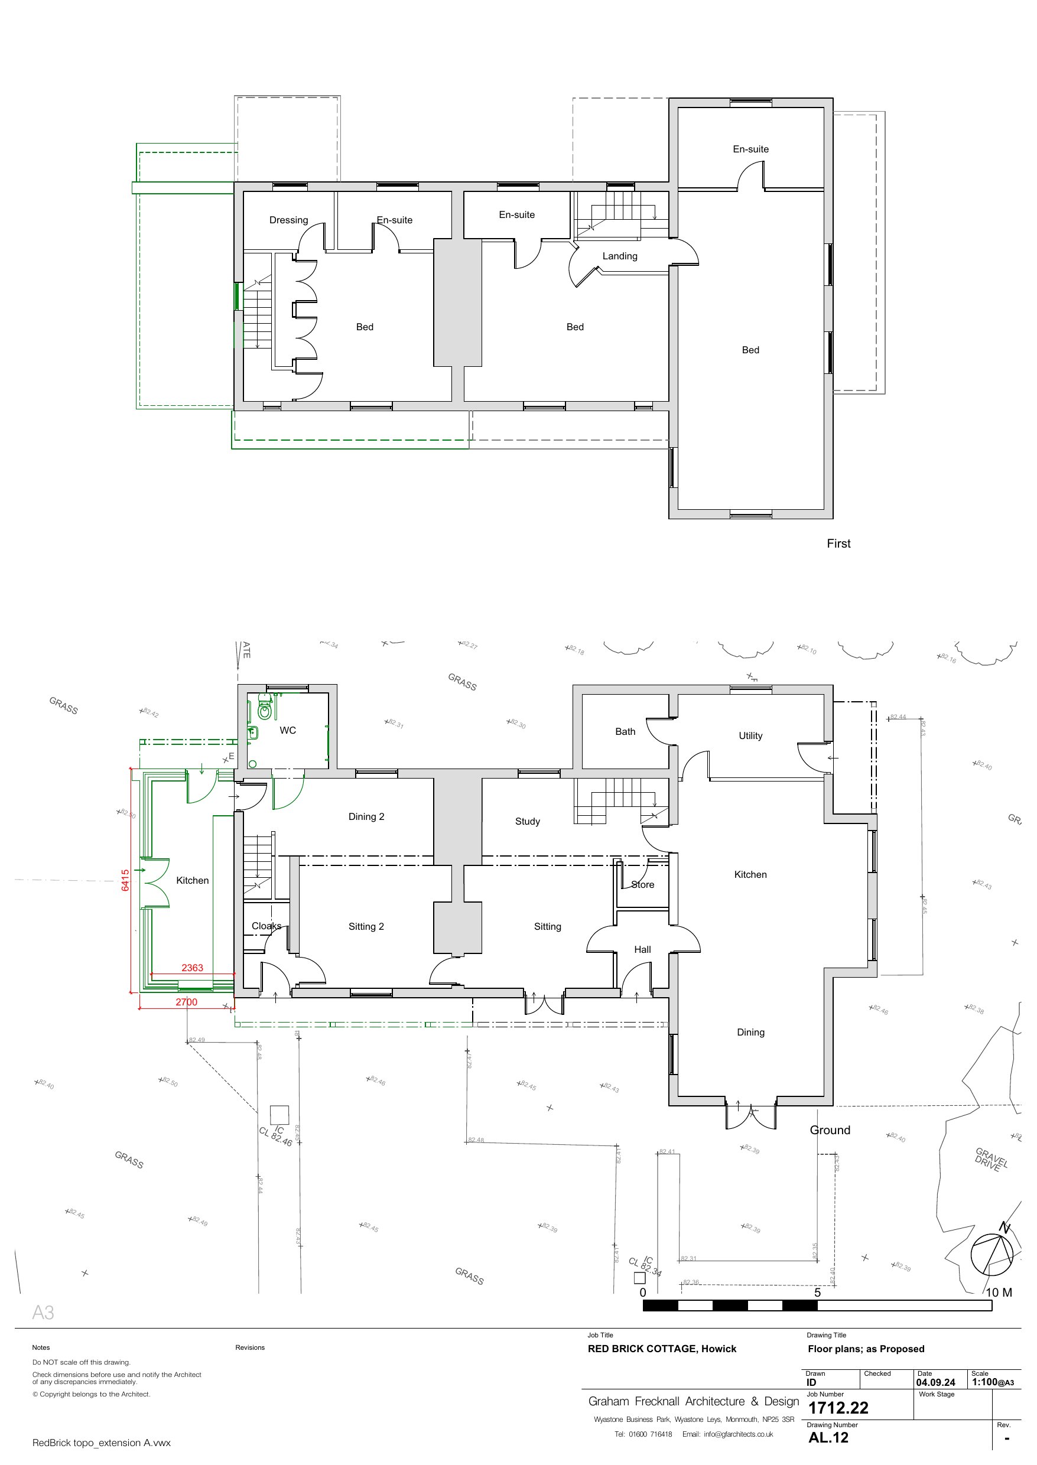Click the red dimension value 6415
coord(125,880)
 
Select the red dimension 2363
coord(192,967)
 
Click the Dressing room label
coord(288,220)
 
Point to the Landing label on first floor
coord(619,255)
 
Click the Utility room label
coord(750,735)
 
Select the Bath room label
coord(625,731)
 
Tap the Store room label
coord(642,884)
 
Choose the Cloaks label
coord(266,926)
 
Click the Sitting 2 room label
coord(366,926)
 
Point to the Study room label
coord(528,821)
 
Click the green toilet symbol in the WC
coord(264,710)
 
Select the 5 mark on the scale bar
coord(817,1292)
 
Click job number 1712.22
coord(838,1408)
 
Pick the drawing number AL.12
coord(828,1438)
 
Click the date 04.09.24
coord(935,1383)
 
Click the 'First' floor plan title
coord(838,543)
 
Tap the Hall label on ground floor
coord(642,949)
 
